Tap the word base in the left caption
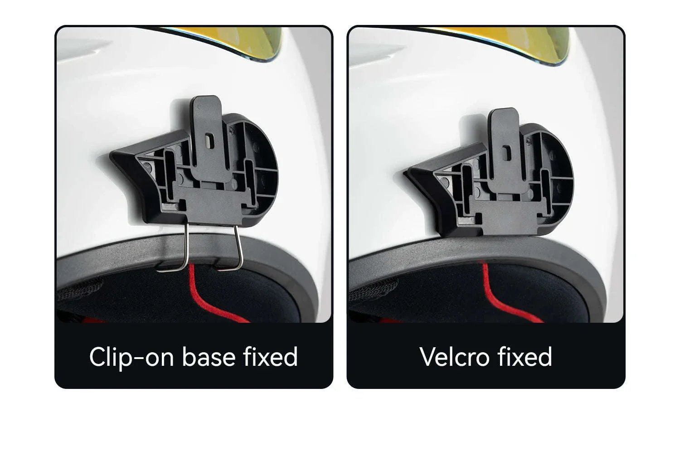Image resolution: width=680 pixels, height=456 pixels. pos(209,357)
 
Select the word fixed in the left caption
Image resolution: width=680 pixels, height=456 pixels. pos(270,357)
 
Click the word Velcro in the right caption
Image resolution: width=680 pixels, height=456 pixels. pos(454,357)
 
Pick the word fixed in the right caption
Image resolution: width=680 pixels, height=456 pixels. pos(525,357)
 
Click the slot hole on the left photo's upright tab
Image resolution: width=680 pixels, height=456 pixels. pos(209,141)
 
